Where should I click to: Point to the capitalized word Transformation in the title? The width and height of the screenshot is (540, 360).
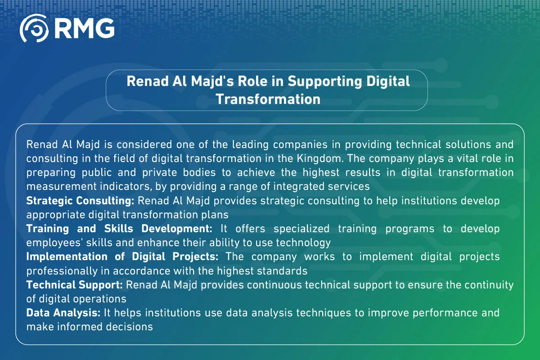click(x=268, y=99)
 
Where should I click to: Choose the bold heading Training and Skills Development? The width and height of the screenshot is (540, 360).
click(x=119, y=229)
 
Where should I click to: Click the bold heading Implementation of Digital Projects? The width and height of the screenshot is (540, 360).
click(x=122, y=256)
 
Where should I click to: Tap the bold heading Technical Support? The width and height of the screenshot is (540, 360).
click(x=75, y=285)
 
